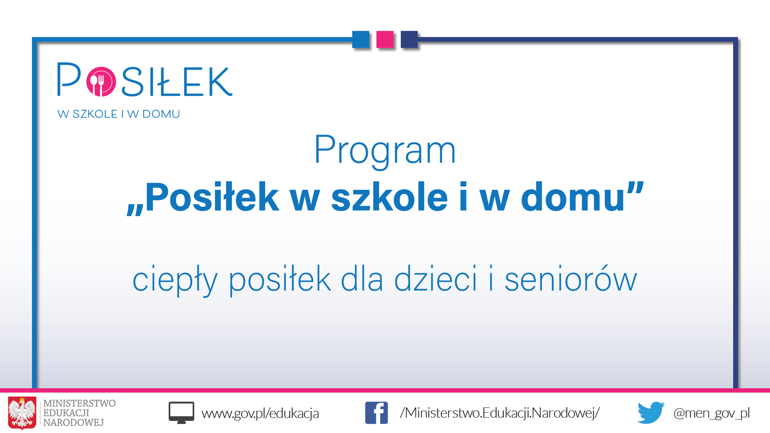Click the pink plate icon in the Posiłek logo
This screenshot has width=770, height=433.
click(101, 82)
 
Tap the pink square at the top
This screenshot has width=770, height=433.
click(385, 39)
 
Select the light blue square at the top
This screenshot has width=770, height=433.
click(361, 39)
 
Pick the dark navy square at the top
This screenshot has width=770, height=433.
click(409, 39)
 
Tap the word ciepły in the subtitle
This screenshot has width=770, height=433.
click(175, 280)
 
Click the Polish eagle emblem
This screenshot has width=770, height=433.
click(22, 413)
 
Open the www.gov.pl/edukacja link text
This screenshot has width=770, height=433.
click(260, 413)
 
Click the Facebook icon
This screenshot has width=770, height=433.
click(376, 413)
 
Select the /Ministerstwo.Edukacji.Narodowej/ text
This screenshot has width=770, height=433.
click(500, 413)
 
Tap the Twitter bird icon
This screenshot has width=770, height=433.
click(651, 413)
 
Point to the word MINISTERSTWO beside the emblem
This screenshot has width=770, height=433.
click(79, 403)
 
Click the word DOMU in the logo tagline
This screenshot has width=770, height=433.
click(161, 114)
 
